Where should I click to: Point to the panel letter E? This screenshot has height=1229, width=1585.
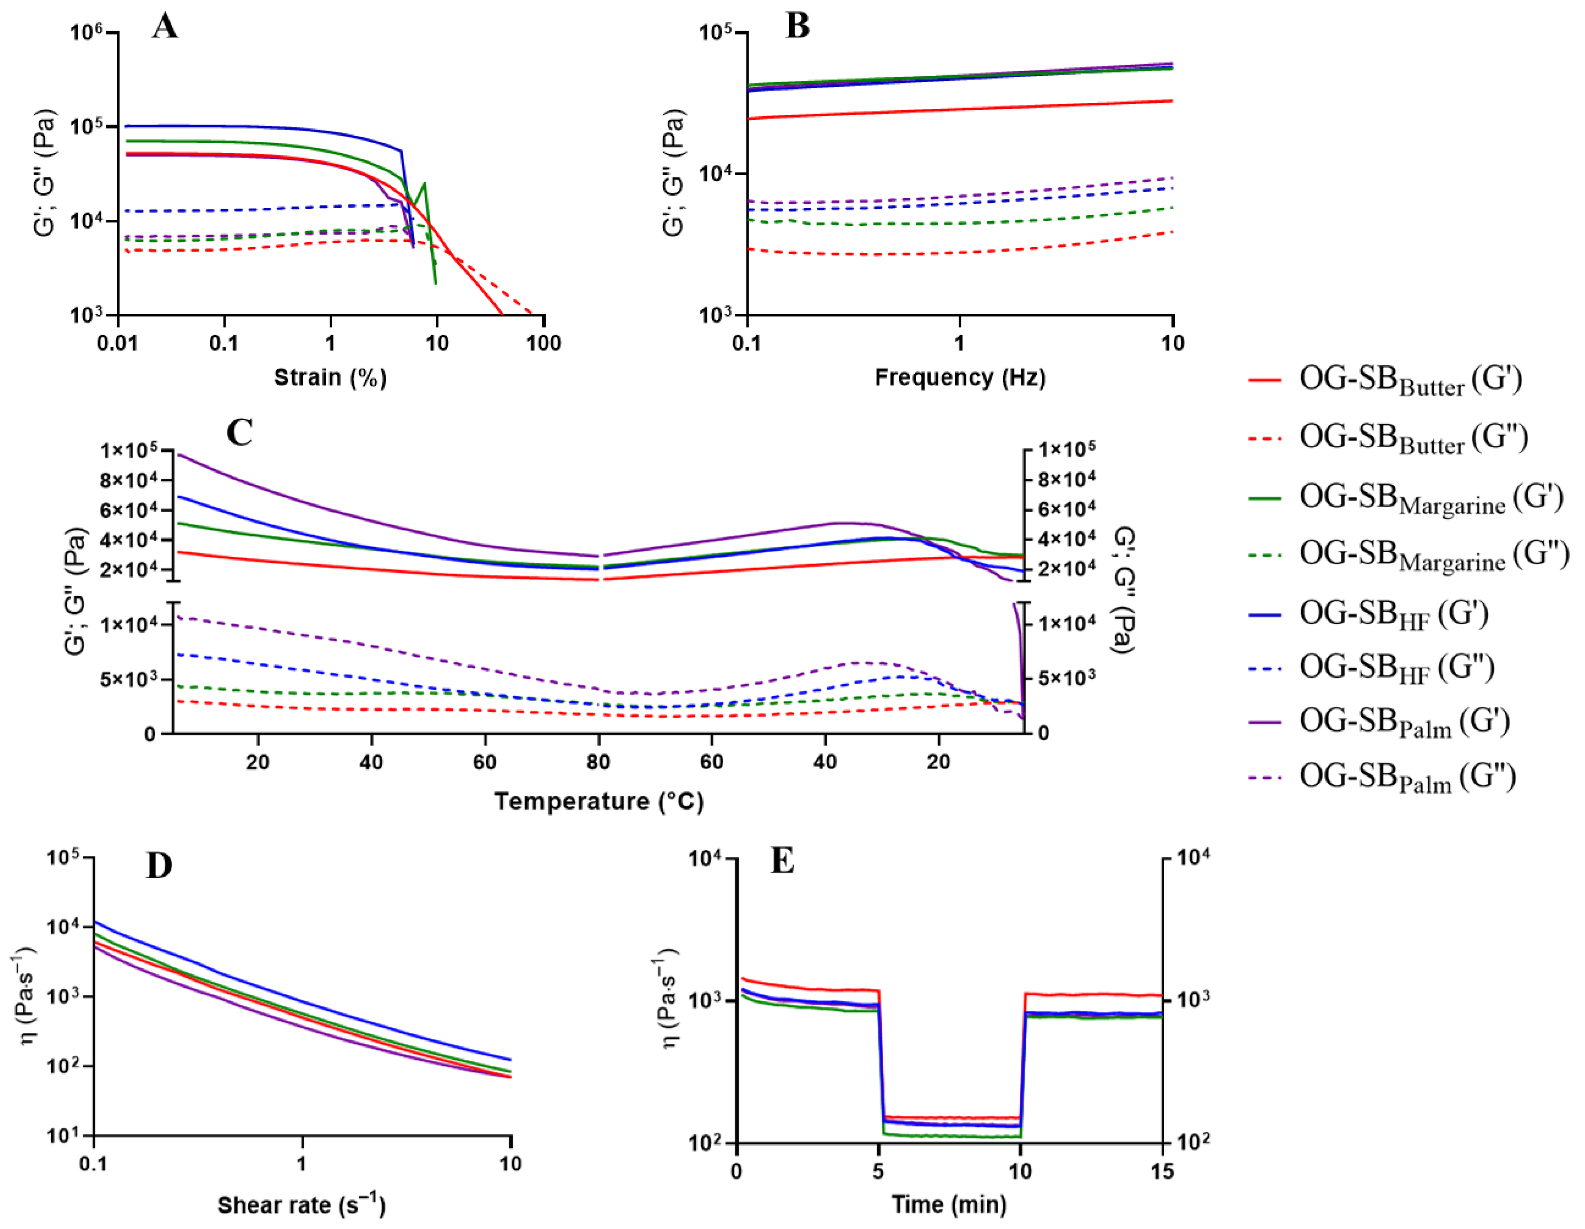click(782, 861)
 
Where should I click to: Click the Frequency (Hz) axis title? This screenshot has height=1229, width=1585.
click(959, 377)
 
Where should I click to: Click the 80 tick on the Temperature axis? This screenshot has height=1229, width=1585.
click(599, 762)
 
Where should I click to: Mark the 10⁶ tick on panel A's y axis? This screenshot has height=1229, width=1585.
click(87, 33)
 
